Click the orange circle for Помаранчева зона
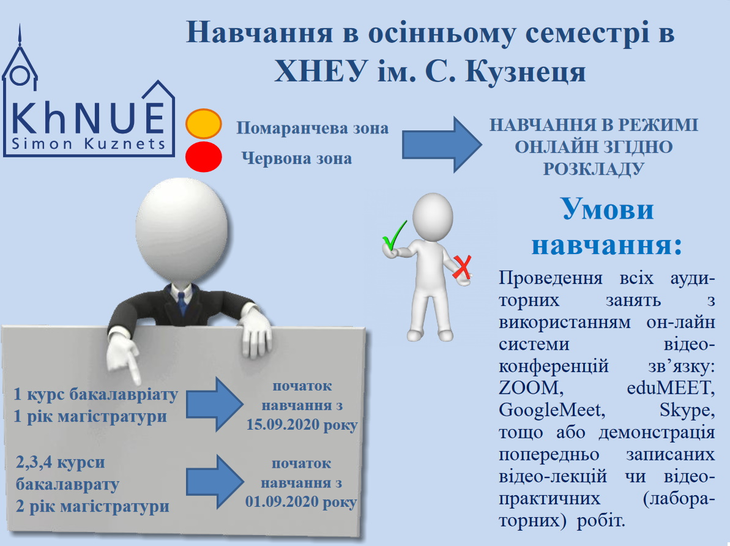[x=203, y=124]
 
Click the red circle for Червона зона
[x=203, y=157]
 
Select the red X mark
[x=463, y=267]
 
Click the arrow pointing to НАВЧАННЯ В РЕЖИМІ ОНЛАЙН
[x=442, y=144]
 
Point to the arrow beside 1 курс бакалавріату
[x=215, y=404]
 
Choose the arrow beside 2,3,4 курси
[x=215, y=482]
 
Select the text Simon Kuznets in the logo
[x=89, y=143]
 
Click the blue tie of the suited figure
[x=182, y=303]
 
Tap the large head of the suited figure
[x=182, y=229]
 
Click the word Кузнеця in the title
[x=525, y=72]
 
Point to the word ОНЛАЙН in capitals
[x=554, y=147]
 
